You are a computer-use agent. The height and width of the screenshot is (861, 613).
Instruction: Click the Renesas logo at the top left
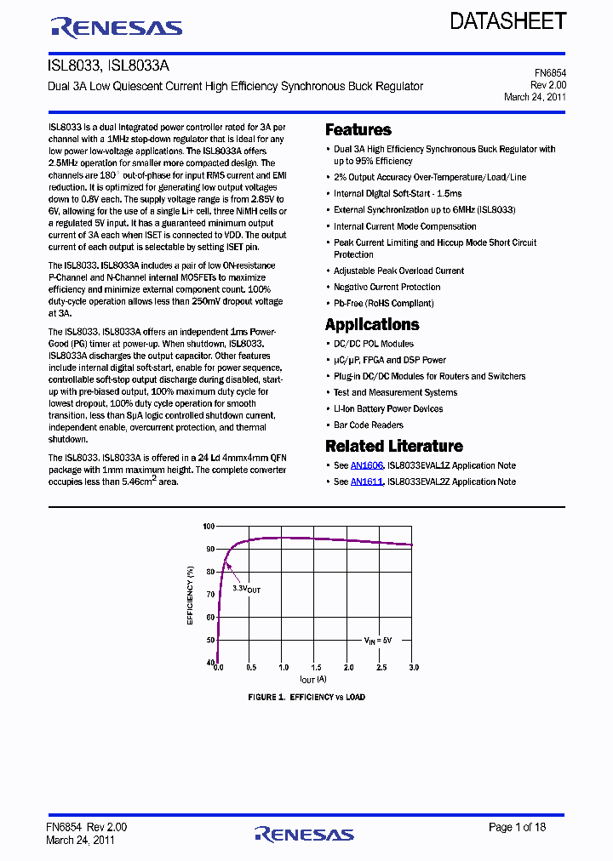(117, 28)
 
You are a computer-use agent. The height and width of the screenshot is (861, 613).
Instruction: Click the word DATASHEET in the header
(507, 21)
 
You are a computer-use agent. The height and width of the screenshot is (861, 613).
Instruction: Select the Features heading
(358, 130)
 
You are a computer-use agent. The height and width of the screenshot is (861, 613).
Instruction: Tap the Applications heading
(372, 324)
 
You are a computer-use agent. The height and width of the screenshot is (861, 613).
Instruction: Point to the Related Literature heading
(394, 446)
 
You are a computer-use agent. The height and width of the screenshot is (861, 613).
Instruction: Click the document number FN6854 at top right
(549, 74)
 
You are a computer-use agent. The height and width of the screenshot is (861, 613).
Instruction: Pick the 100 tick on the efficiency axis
(209, 527)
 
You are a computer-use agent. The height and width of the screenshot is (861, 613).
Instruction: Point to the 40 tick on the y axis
(210, 662)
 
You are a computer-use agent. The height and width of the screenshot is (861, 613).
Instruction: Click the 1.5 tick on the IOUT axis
(316, 669)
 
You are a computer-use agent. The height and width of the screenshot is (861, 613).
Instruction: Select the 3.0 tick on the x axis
(414, 669)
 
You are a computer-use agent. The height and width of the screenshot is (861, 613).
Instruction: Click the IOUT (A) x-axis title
(312, 680)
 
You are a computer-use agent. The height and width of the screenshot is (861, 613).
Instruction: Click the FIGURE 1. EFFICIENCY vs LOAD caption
(306, 697)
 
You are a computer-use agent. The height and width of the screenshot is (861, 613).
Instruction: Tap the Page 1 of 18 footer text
(517, 827)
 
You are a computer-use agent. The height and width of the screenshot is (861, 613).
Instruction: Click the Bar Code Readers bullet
(369, 425)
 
